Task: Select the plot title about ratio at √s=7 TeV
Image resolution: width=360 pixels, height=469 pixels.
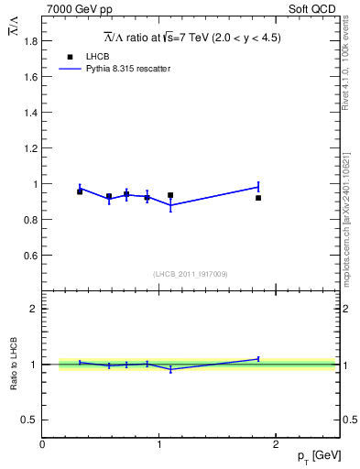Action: tap(191, 38)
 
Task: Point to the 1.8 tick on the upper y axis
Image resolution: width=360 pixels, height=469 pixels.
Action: tap(31, 42)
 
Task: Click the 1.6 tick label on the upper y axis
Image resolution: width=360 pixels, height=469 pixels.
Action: tap(31, 78)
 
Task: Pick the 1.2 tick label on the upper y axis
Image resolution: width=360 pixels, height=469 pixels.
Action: tap(31, 149)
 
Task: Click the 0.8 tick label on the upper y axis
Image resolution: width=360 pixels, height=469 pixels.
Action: tap(31, 220)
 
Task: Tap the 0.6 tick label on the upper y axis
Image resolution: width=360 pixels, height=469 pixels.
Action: tap(31, 256)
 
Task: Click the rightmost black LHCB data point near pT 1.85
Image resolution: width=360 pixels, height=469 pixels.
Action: tap(258, 198)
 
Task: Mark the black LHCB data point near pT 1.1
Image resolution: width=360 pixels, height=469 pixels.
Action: tap(170, 195)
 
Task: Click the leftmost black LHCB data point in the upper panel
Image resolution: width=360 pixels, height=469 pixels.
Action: tap(80, 191)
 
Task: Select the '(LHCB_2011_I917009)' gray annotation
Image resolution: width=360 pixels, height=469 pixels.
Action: tap(191, 274)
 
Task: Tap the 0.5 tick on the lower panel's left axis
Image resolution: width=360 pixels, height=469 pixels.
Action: tap(31, 420)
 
